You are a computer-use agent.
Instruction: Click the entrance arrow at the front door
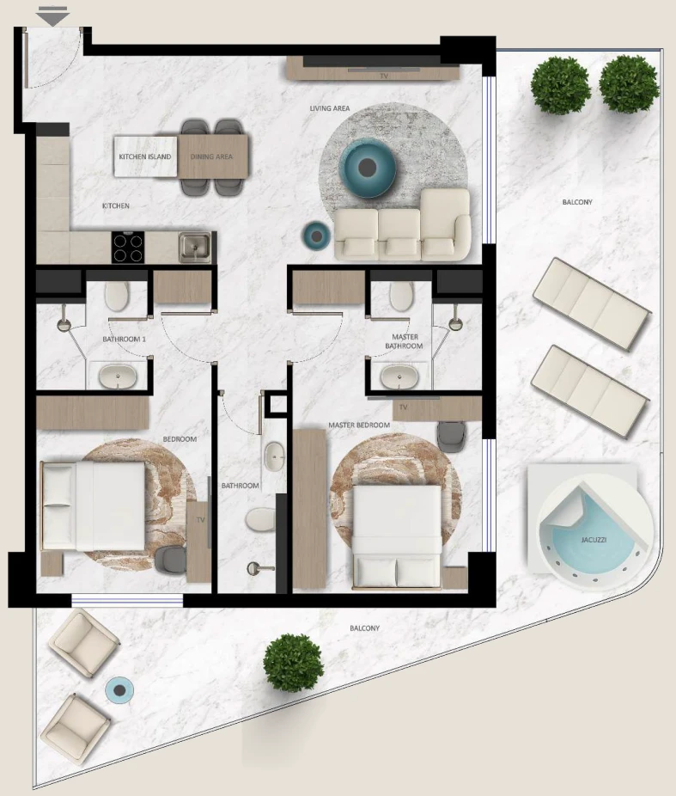click(x=52, y=16)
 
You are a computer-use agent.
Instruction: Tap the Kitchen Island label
click(x=145, y=156)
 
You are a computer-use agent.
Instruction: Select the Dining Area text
click(x=211, y=156)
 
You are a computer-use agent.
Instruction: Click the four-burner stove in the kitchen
click(x=128, y=248)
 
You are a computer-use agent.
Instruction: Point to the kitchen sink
click(x=194, y=248)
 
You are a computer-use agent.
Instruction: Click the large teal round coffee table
click(x=368, y=167)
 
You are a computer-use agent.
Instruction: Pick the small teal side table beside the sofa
click(x=316, y=236)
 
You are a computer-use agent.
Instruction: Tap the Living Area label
click(x=330, y=108)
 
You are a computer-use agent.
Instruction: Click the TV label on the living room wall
click(x=385, y=76)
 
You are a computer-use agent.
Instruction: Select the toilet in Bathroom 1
click(x=117, y=296)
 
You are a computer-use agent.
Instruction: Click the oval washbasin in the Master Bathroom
click(x=399, y=377)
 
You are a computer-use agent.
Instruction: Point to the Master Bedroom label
click(x=359, y=425)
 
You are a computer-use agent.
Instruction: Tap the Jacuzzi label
click(x=594, y=540)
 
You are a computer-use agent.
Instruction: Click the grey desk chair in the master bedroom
click(x=451, y=436)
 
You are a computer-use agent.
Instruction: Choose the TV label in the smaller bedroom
click(x=201, y=520)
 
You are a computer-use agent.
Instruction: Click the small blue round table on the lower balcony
click(x=119, y=690)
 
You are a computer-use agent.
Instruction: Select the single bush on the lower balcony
click(x=293, y=663)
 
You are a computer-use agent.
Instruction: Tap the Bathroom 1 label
click(x=125, y=339)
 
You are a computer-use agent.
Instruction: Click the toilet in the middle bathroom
click(x=260, y=520)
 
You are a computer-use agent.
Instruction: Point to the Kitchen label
click(x=116, y=205)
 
